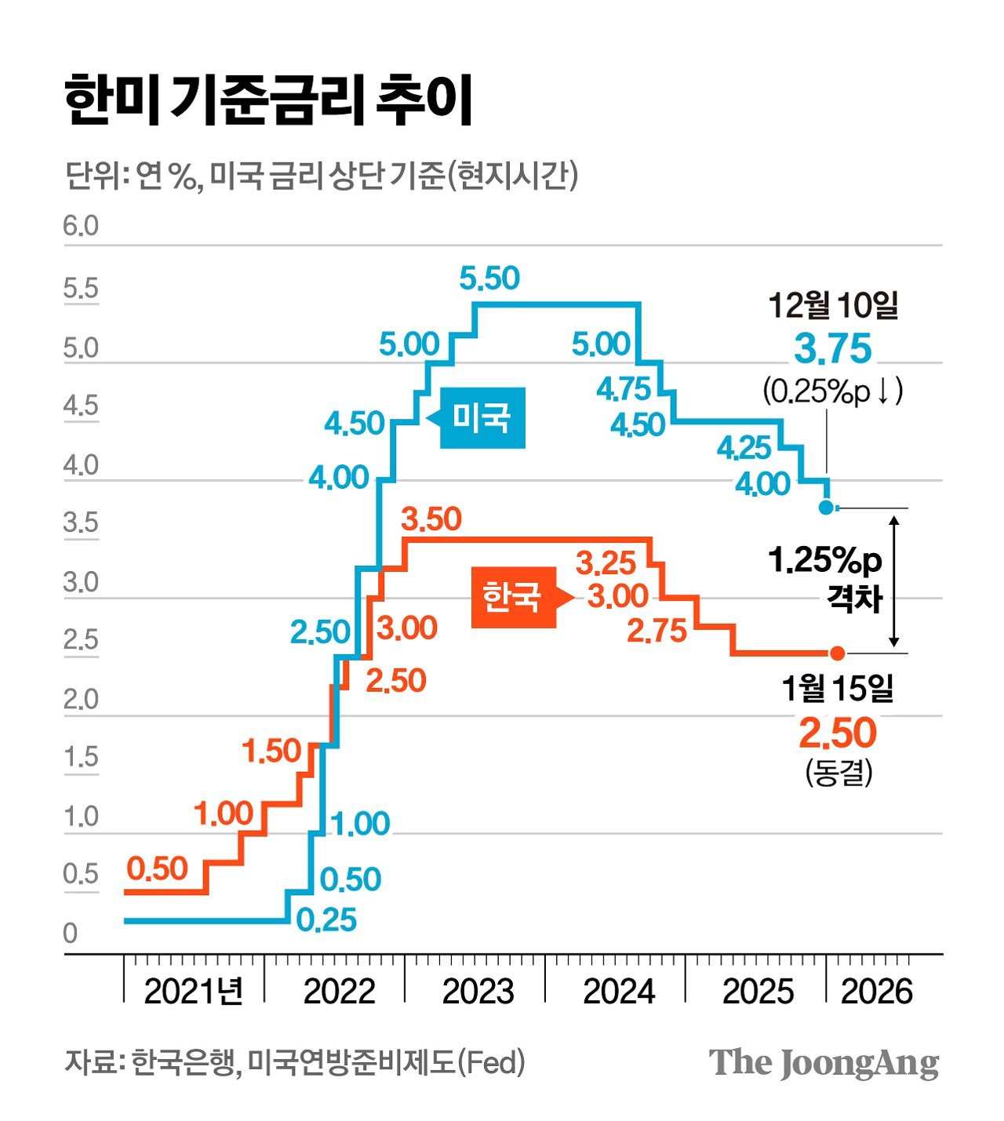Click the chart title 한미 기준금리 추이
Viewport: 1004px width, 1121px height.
click(x=267, y=100)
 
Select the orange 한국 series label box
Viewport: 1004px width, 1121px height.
click(x=519, y=597)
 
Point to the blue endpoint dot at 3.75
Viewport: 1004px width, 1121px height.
click(x=825, y=507)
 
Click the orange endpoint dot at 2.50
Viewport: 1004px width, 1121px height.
click(x=838, y=653)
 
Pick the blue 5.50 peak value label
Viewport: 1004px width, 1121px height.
click(x=489, y=278)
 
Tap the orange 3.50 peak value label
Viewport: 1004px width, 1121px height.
click(x=431, y=519)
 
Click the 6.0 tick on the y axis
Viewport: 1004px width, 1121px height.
click(x=81, y=226)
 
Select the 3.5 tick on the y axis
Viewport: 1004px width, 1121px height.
click(x=81, y=522)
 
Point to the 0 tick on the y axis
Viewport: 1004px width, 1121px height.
click(x=71, y=933)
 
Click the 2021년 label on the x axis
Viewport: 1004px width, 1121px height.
click(x=193, y=991)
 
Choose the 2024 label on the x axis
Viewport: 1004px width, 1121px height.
click(x=619, y=991)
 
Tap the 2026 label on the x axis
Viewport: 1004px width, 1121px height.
click(x=877, y=991)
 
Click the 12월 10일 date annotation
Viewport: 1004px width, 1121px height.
click(x=833, y=305)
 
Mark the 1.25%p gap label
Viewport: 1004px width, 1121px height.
click(x=825, y=559)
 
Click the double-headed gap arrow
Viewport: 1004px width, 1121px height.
click(x=894, y=581)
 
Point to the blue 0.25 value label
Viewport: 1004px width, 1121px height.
click(x=326, y=919)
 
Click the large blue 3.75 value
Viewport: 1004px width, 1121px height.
click(x=832, y=348)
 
